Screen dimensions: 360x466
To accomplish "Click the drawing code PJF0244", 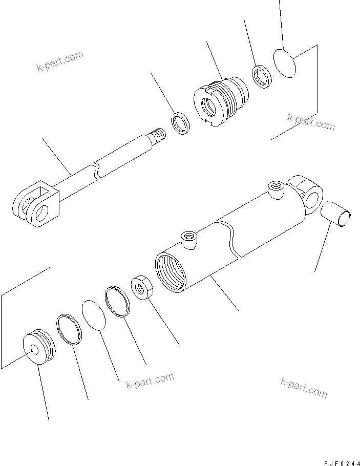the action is click(342, 463).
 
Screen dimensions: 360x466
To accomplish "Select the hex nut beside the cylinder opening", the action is click(142, 287).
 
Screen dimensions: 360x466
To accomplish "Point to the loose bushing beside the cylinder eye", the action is click(336, 214).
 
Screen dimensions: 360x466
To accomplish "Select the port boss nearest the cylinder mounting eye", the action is click(276, 189).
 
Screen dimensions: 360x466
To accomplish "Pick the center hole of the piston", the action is click(35, 349).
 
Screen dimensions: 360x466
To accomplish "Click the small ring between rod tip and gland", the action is click(180, 123).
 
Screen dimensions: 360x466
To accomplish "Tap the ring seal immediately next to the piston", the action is click(69, 329).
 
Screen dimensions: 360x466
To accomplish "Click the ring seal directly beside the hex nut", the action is click(118, 302).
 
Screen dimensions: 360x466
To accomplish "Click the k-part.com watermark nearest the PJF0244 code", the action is click(304, 388).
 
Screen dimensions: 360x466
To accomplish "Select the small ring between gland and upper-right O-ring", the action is click(262, 76).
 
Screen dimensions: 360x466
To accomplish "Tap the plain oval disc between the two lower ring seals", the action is click(94, 315).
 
